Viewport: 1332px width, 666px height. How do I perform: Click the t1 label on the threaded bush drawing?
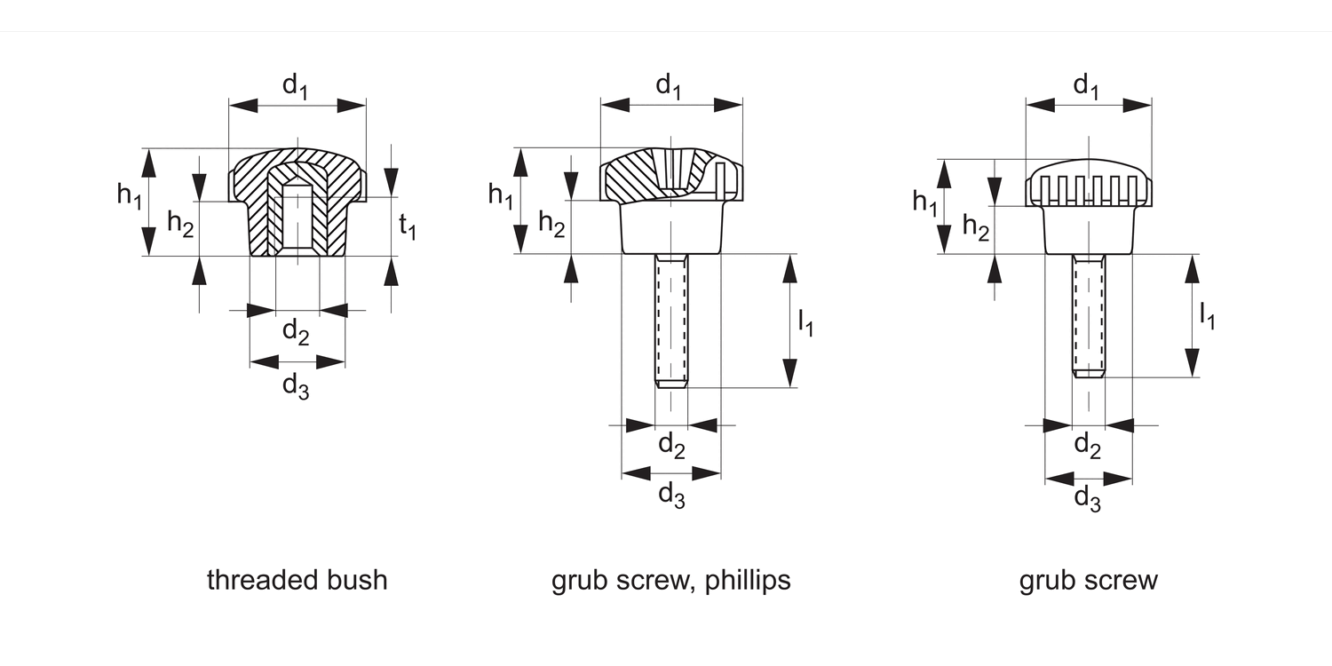pyautogui.click(x=408, y=227)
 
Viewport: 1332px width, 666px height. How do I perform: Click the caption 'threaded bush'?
pyautogui.click(x=297, y=581)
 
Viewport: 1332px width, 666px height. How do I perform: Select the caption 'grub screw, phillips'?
pyautogui.click(x=670, y=581)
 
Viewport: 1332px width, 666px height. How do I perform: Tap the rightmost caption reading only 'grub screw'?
pyautogui.click(x=1088, y=581)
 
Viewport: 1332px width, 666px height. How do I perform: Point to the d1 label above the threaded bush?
pyautogui.click(x=295, y=86)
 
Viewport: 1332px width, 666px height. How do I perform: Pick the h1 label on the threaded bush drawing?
pyautogui.click(x=129, y=196)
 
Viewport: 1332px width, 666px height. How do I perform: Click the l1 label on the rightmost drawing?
pyautogui.click(x=1207, y=316)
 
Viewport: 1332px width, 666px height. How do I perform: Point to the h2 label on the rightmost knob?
pyautogui.click(x=975, y=228)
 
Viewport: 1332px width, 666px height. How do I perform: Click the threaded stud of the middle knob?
pyautogui.click(x=671, y=320)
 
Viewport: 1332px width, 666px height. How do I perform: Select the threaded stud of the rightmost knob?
pyautogui.click(x=1089, y=314)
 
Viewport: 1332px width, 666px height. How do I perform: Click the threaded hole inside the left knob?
pyautogui.click(x=297, y=222)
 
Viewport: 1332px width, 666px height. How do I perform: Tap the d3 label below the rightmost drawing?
pyautogui.click(x=1088, y=499)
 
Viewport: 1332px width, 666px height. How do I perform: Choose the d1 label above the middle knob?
pyautogui.click(x=670, y=86)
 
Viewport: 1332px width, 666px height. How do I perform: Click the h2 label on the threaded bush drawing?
pyautogui.click(x=181, y=225)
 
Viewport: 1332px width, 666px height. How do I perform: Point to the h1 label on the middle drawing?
pyautogui.click(x=500, y=196)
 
